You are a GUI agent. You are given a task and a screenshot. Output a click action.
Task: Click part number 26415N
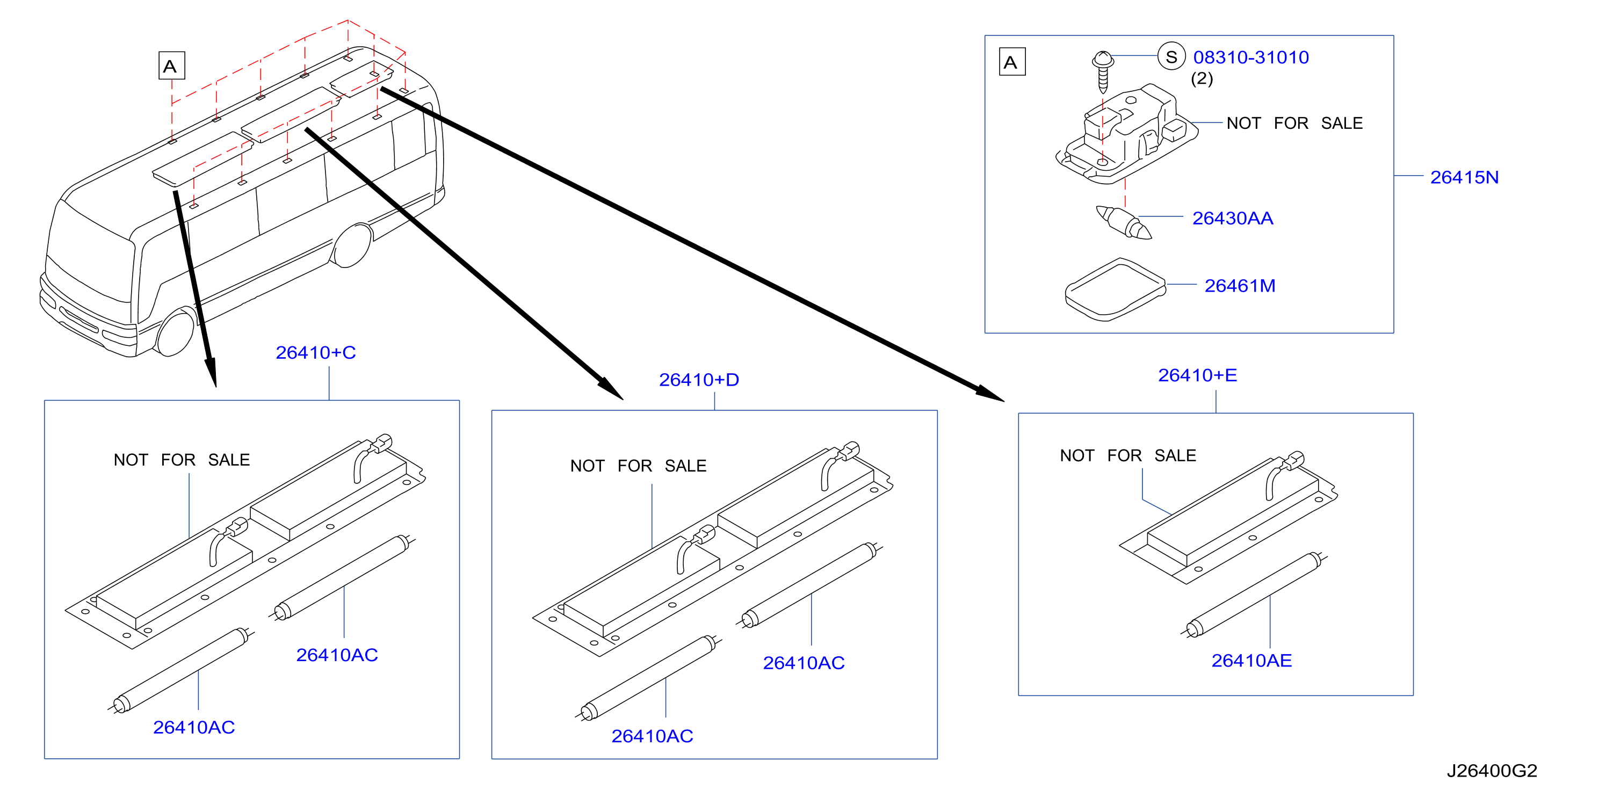[x=1464, y=178]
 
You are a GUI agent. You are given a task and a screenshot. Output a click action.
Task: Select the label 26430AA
[x=1232, y=219]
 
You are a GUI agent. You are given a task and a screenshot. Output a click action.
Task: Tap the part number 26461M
[x=1240, y=286]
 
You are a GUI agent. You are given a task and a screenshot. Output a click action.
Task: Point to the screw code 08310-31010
[x=1251, y=57]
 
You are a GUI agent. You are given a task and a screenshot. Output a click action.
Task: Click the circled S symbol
[x=1171, y=57]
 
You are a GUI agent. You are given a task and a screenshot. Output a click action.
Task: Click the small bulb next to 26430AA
[x=1124, y=222]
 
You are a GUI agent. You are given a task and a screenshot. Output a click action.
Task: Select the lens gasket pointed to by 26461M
[x=1116, y=289]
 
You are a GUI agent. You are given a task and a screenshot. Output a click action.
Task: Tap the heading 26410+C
[x=315, y=352]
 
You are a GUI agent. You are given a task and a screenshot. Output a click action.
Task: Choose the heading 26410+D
[x=699, y=380]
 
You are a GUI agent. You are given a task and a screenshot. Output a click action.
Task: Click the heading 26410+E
[x=1197, y=375]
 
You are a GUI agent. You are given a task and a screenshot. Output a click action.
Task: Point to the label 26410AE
[x=1251, y=661]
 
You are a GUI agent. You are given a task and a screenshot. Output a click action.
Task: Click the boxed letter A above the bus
[x=171, y=66]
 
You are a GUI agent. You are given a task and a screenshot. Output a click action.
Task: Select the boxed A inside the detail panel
[x=1012, y=62]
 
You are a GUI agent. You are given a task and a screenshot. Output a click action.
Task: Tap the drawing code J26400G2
[x=1492, y=771]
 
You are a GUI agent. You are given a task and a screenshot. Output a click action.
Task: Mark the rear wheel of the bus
[x=352, y=246]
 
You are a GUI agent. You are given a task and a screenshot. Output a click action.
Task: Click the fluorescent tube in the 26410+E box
[x=1254, y=595]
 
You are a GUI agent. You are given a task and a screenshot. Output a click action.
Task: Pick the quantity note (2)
[x=1202, y=79]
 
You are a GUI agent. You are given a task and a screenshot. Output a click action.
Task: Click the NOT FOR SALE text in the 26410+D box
[x=638, y=466]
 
